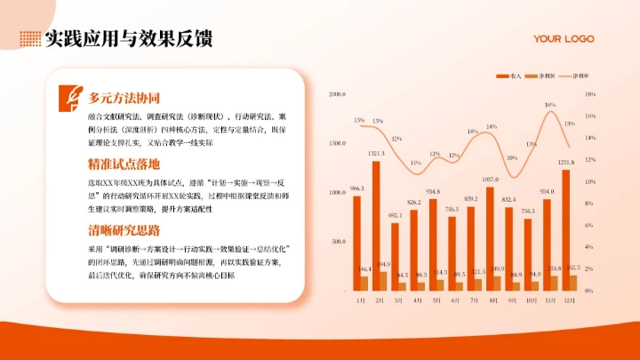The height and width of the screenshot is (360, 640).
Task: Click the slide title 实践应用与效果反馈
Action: click(129, 38)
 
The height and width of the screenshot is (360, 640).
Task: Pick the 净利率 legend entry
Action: click(578, 77)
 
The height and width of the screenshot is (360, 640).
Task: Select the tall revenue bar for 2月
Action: click(376, 225)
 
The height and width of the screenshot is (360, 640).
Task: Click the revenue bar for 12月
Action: click(567, 229)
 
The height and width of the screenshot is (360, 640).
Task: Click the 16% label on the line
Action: click(550, 105)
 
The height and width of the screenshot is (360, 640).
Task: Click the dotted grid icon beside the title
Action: click(29, 38)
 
